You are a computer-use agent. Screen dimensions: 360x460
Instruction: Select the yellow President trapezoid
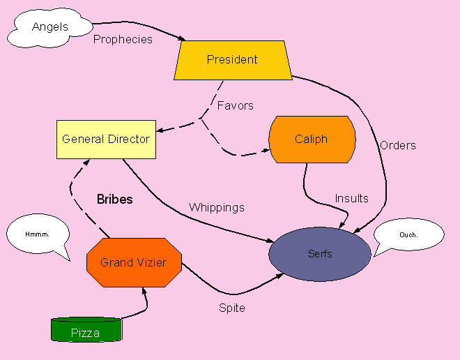click(232, 60)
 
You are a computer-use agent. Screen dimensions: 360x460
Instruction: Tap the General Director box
click(106, 139)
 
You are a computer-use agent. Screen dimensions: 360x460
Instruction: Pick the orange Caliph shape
click(311, 139)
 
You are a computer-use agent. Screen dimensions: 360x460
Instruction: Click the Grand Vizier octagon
click(135, 262)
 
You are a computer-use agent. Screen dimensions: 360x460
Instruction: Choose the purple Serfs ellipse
click(320, 254)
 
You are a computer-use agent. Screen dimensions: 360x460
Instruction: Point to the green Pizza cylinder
click(86, 331)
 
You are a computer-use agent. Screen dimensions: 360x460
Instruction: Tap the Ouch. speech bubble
click(408, 234)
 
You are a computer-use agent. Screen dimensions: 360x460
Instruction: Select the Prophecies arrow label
click(123, 40)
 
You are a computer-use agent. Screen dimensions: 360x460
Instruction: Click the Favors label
click(235, 106)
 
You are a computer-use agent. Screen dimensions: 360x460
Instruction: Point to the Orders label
click(398, 145)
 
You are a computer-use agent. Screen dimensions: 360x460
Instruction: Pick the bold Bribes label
click(114, 200)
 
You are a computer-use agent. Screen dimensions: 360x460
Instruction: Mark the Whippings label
click(217, 207)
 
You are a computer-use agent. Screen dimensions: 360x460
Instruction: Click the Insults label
click(351, 198)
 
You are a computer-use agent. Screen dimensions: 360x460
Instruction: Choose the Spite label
click(232, 308)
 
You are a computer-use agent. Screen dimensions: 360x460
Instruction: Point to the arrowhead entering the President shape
click(184, 39)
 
